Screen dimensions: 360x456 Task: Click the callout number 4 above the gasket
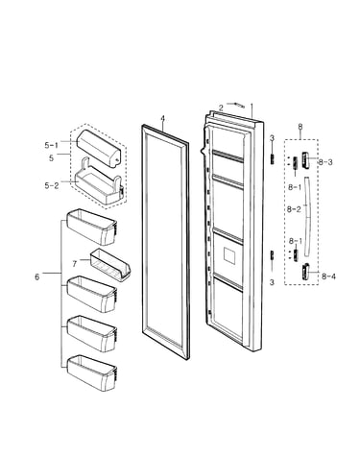162,119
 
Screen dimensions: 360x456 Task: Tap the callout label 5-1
51,145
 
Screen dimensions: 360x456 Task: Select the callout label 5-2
52,185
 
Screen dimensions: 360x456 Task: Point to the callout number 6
37,276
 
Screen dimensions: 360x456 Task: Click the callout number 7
75,264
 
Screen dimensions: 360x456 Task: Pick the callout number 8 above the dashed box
300,127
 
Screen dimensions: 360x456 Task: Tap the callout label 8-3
325,162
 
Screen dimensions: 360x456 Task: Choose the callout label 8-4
329,276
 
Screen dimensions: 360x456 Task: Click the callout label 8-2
294,209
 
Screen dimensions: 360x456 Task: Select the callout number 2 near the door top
221,108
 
